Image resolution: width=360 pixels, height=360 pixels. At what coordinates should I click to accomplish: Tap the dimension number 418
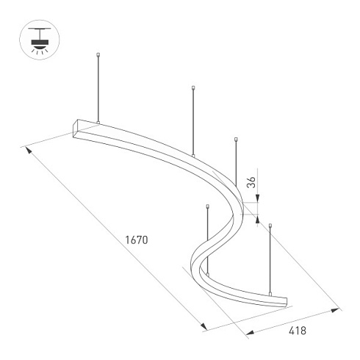tap(296, 331)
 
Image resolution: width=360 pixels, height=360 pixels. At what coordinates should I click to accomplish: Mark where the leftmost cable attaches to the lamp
tap(98, 122)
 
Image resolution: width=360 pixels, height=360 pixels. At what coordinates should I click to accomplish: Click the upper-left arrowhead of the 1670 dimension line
tap(29, 149)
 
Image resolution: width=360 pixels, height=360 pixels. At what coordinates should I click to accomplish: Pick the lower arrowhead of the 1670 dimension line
tap(203, 326)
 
